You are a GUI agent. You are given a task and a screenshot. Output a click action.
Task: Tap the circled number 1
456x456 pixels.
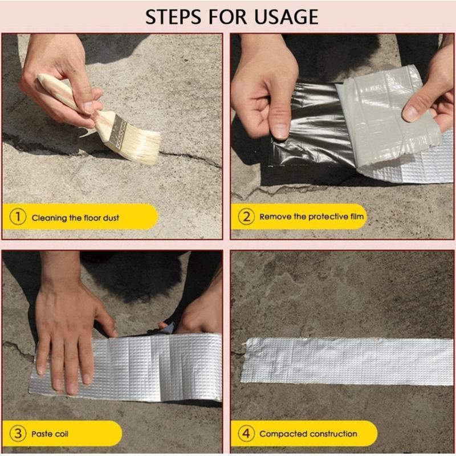click(x=18, y=217)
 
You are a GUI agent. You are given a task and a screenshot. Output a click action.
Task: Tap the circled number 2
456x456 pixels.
click(x=246, y=217)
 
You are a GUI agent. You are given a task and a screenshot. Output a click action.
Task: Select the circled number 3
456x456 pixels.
click(x=18, y=434)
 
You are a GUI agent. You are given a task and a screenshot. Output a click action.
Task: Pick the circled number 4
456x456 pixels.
click(x=246, y=434)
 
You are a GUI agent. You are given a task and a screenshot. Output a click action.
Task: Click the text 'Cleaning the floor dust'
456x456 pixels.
click(x=75, y=218)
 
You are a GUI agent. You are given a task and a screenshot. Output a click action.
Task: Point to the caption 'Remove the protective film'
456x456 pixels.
click(x=311, y=217)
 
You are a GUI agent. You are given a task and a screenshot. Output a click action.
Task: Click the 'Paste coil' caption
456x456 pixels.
click(x=50, y=434)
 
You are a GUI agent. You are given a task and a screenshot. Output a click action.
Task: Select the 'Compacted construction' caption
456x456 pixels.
click(x=308, y=434)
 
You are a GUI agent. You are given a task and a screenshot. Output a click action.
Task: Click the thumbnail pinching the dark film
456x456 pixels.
click(x=279, y=129)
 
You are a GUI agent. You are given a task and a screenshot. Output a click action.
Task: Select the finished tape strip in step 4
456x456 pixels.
click(x=348, y=360)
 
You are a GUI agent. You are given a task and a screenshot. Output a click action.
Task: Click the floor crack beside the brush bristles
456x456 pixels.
click(x=188, y=157)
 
